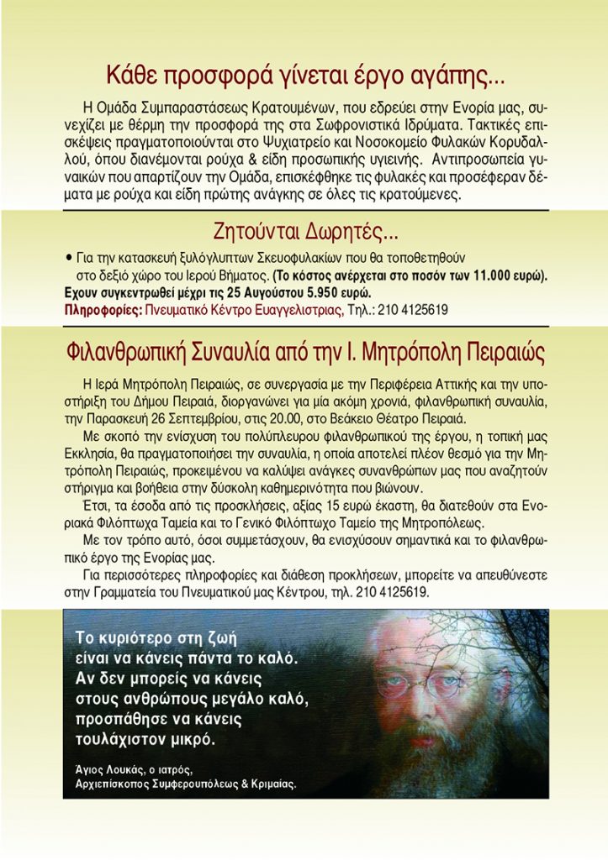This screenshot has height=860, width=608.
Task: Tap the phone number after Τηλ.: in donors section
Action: pyautogui.click(x=415, y=310)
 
